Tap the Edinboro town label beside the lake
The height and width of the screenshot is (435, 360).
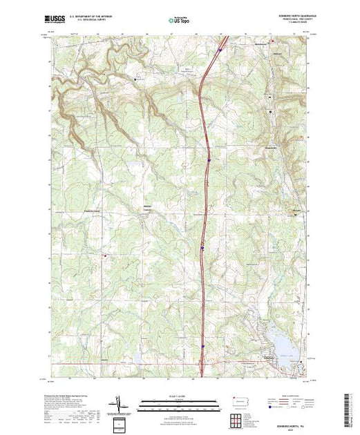(x=268, y=357)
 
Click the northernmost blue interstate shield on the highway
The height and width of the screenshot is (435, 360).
(x=220, y=50)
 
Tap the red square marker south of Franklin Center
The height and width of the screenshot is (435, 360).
(x=105, y=255)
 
